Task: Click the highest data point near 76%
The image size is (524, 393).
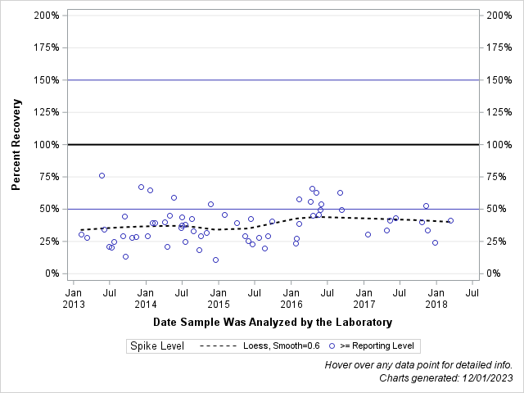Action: [102, 175]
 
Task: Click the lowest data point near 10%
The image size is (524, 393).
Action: [215, 260]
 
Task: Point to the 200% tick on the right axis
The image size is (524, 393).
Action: [499, 16]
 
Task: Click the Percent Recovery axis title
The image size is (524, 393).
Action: [16, 145]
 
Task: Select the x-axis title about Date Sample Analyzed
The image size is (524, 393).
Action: [273, 322]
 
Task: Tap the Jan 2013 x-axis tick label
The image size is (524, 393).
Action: [73, 297]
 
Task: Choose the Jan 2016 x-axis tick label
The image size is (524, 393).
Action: [291, 297]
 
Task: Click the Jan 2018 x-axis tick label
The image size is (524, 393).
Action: [436, 297]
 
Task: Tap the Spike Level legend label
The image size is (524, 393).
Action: [156, 346]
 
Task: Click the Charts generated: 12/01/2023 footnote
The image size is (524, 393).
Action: [446, 377]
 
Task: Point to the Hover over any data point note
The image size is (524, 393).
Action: [419, 364]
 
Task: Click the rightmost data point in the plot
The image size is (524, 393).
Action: [450, 220]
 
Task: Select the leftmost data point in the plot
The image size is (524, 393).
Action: [81, 234]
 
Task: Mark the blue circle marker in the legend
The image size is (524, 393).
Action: [332, 346]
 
